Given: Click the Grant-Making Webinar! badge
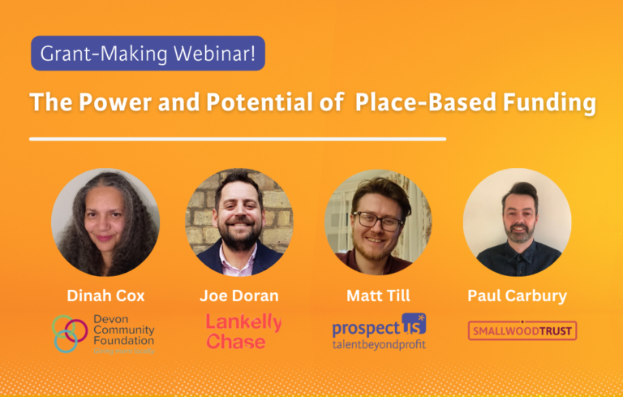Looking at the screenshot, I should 148,54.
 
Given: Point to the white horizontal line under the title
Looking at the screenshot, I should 238,139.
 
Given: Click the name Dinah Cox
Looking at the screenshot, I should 105,296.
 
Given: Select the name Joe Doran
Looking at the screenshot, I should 239,296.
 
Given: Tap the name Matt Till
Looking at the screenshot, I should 378,296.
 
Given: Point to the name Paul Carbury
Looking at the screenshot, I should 517,296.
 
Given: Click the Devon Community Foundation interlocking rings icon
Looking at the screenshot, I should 69,333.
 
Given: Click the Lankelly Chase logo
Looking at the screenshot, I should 243,331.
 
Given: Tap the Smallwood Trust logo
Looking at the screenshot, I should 522,330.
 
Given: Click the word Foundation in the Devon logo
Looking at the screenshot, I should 122,341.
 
